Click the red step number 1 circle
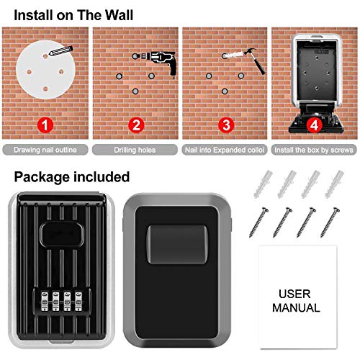point(45,125)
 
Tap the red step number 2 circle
point(136,125)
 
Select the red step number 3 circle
point(226,125)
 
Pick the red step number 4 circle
point(315,125)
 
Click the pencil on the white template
point(60,50)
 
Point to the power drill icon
point(158,62)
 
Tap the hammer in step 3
point(255,60)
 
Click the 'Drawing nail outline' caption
point(45,150)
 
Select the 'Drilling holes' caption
point(135,150)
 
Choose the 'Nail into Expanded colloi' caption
point(225,150)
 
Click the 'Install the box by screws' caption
point(314,150)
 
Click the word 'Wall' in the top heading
point(119,15)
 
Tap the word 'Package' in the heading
point(42,178)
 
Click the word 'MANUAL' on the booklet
point(296,307)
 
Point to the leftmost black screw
point(258,222)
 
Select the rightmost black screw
point(330,222)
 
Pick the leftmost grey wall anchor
point(263,184)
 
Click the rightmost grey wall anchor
point(335,184)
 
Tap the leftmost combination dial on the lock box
point(45,301)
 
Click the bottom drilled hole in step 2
point(135,91)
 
